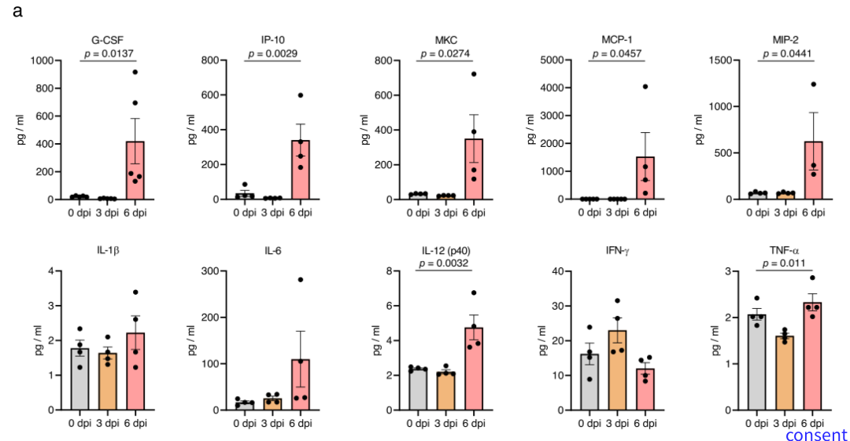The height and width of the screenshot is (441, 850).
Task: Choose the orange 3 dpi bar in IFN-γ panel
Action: pos(617,369)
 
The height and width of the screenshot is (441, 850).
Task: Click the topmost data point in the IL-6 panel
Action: pos(300,280)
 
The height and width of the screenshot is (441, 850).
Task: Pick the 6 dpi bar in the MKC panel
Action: pos(474,169)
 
